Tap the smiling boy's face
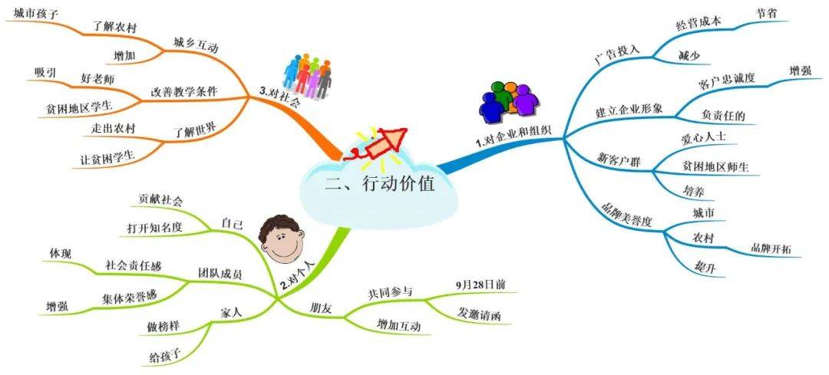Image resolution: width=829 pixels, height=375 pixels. click(281, 239)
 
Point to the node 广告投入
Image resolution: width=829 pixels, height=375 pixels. click(617, 54)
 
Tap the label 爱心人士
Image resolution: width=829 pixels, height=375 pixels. click(703, 137)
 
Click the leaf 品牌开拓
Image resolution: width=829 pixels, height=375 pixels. click(771, 248)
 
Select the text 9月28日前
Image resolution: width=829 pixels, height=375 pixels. click(480, 285)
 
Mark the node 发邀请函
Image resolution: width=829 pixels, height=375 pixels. click(479, 314)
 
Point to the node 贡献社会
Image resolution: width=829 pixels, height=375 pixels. click(160, 199)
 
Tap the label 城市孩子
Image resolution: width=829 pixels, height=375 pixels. click(35, 14)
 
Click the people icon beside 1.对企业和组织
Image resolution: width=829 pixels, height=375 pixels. click(508, 99)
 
